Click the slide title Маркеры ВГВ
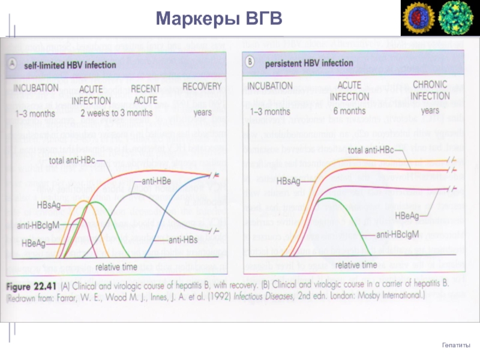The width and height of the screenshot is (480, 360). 219,19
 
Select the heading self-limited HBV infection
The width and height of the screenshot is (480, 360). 70,64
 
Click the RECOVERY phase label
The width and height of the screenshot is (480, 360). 202,87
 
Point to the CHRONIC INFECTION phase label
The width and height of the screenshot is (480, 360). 431,91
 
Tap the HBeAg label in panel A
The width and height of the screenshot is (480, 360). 34,244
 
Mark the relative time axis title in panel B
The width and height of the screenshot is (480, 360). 356,265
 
